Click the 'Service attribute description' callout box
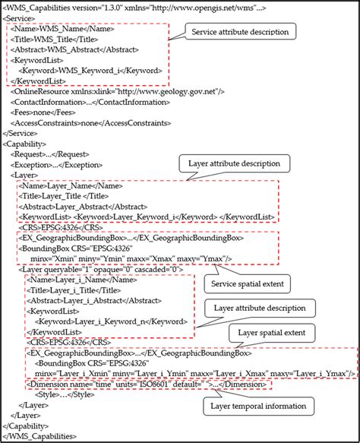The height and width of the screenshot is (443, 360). [x=238, y=32]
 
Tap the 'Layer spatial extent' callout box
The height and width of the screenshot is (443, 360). [x=271, y=333]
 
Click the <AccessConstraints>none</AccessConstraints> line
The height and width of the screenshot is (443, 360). [x=67, y=122]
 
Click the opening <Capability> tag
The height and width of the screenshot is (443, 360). [x=26, y=142]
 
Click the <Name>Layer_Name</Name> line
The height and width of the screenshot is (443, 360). [x=61, y=185]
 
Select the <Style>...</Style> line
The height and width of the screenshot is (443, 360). [x=56, y=394]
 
